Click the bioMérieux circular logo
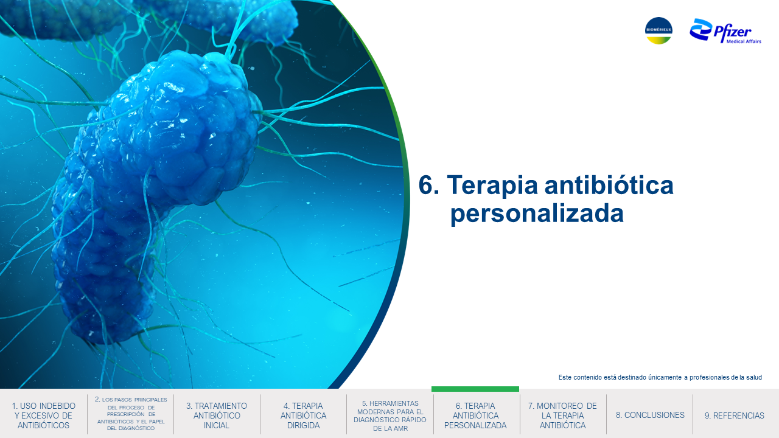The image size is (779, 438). [658, 30]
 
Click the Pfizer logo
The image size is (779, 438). [725, 31]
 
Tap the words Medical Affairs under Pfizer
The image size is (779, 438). [744, 41]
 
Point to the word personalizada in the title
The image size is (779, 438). [537, 214]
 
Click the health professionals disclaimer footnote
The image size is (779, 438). [660, 377]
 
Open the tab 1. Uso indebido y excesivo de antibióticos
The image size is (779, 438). [43, 415]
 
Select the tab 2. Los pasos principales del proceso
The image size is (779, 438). [131, 414]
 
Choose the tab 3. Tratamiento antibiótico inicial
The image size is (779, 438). [216, 415]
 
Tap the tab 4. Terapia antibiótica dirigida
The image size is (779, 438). [303, 415]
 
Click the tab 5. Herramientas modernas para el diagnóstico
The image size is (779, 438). [390, 415]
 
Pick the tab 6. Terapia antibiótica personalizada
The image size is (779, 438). [475, 415]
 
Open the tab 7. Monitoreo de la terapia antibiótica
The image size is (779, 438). [562, 415]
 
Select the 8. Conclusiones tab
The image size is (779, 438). [650, 415]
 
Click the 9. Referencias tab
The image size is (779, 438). [735, 415]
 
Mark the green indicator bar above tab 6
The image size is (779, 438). [475, 389]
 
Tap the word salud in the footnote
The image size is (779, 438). [754, 377]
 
